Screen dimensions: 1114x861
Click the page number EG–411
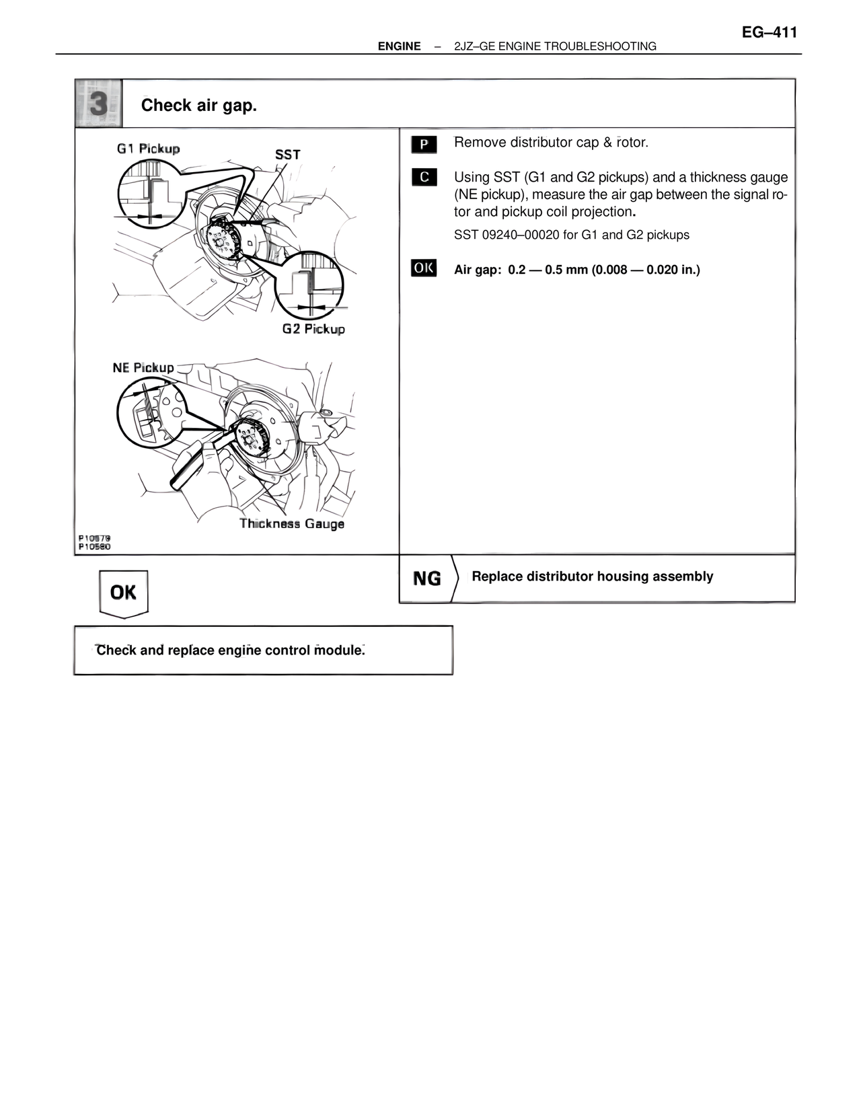(x=770, y=32)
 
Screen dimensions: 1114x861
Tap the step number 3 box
(x=98, y=104)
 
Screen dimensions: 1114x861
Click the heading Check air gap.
(x=199, y=106)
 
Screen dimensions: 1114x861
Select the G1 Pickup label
(x=148, y=149)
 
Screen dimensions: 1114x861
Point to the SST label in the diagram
(x=287, y=155)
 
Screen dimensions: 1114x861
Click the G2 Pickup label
(x=313, y=329)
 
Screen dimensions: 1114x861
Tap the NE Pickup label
(x=143, y=367)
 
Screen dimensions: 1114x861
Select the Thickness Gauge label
(x=292, y=524)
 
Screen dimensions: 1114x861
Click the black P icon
(x=424, y=144)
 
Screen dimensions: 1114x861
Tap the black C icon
(x=424, y=178)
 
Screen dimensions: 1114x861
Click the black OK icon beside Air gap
(x=424, y=268)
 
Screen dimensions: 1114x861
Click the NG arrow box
(x=428, y=579)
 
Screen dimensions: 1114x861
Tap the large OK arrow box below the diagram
(x=123, y=593)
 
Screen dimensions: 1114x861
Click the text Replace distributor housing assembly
(x=592, y=577)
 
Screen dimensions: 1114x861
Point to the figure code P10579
(x=94, y=538)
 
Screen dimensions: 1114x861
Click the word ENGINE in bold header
(x=399, y=46)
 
